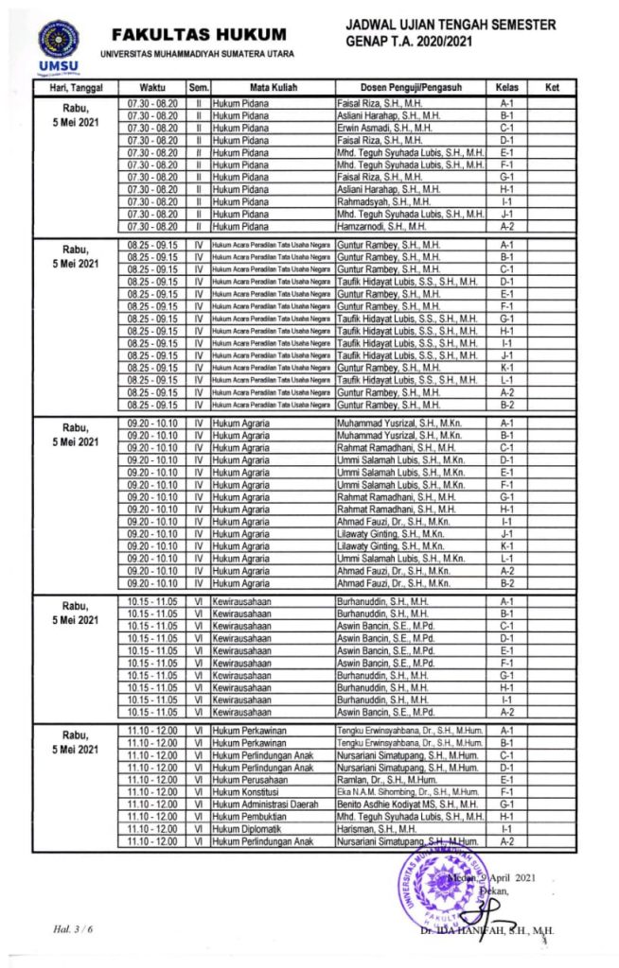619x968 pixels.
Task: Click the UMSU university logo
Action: click(x=59, y=45)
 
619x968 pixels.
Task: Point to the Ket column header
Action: click(x=553, y=88)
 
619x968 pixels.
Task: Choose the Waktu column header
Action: click(x=153, y=88)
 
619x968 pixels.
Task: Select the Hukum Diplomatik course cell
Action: click(x=245, y=828)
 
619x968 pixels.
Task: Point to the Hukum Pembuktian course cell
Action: click(x=247, y=816)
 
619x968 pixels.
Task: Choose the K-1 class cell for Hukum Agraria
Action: click(x=506, y=545)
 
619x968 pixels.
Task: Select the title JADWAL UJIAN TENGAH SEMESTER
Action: click(x=451, y=25)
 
